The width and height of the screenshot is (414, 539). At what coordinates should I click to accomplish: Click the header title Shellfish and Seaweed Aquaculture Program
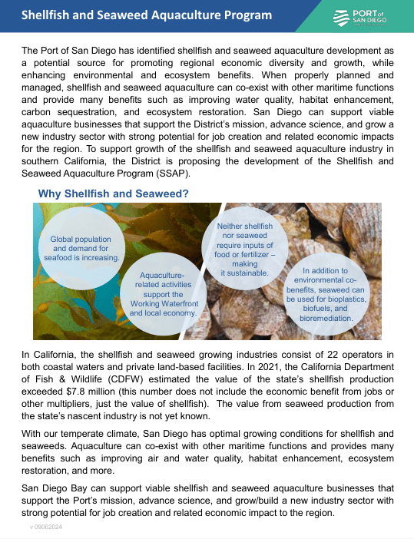146,15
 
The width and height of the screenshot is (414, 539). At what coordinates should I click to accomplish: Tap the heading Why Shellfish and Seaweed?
113,193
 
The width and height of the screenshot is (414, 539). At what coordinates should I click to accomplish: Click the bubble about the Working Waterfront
164,294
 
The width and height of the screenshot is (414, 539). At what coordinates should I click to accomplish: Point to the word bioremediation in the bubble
326,317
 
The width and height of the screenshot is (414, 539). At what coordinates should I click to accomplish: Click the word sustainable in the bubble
244,273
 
